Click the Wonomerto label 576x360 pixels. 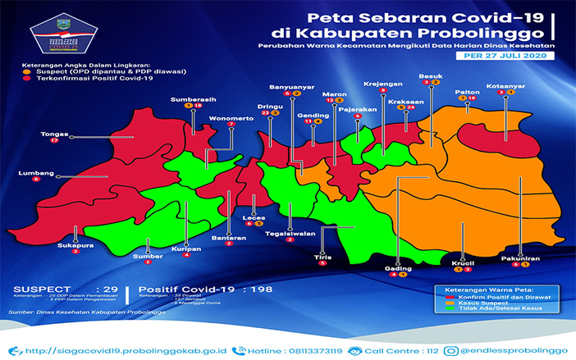click(231, 117)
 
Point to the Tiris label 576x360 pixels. click(322, 256)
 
